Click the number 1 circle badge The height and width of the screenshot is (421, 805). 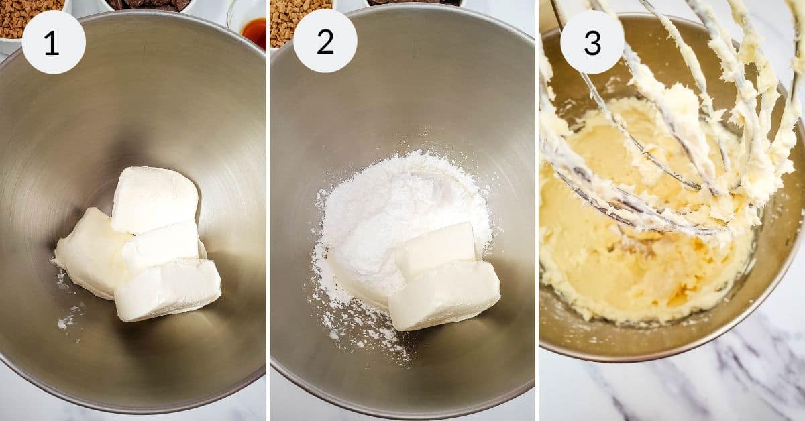click(x=54, y=42)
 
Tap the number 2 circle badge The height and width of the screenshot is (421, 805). click(x=325, y=42)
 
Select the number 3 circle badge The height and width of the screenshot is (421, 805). click(x=592, y=42)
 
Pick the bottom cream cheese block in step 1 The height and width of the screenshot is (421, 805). click(x=168, y=290)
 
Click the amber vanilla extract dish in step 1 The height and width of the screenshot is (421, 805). click(x=254, y=30)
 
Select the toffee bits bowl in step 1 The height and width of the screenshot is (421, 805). click(x=27, y=17)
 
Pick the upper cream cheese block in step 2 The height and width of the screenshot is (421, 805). click(x=436, y=249)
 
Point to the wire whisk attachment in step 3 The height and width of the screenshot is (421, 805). click(x=671, y=134)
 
